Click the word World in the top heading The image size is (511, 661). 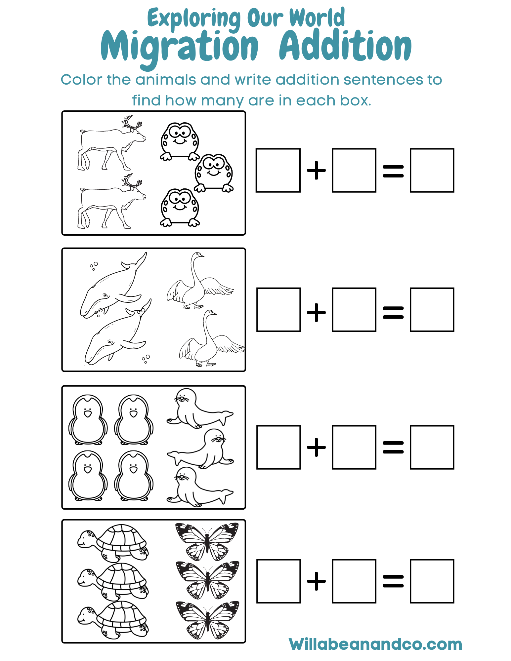(x=317, y=18)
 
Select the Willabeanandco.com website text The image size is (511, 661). (x=375, y=644)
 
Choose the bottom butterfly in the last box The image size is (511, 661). (x=207, y=620)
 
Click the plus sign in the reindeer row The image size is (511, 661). (x=317, y=170)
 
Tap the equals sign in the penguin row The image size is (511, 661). (x=393, y=447)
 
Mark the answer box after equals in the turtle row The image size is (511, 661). (x=432, y=581)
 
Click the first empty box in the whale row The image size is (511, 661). (x=278, y=309)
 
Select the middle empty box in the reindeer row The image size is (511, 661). (x=354, y=170)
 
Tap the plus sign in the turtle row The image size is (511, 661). (x=317, y=581)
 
